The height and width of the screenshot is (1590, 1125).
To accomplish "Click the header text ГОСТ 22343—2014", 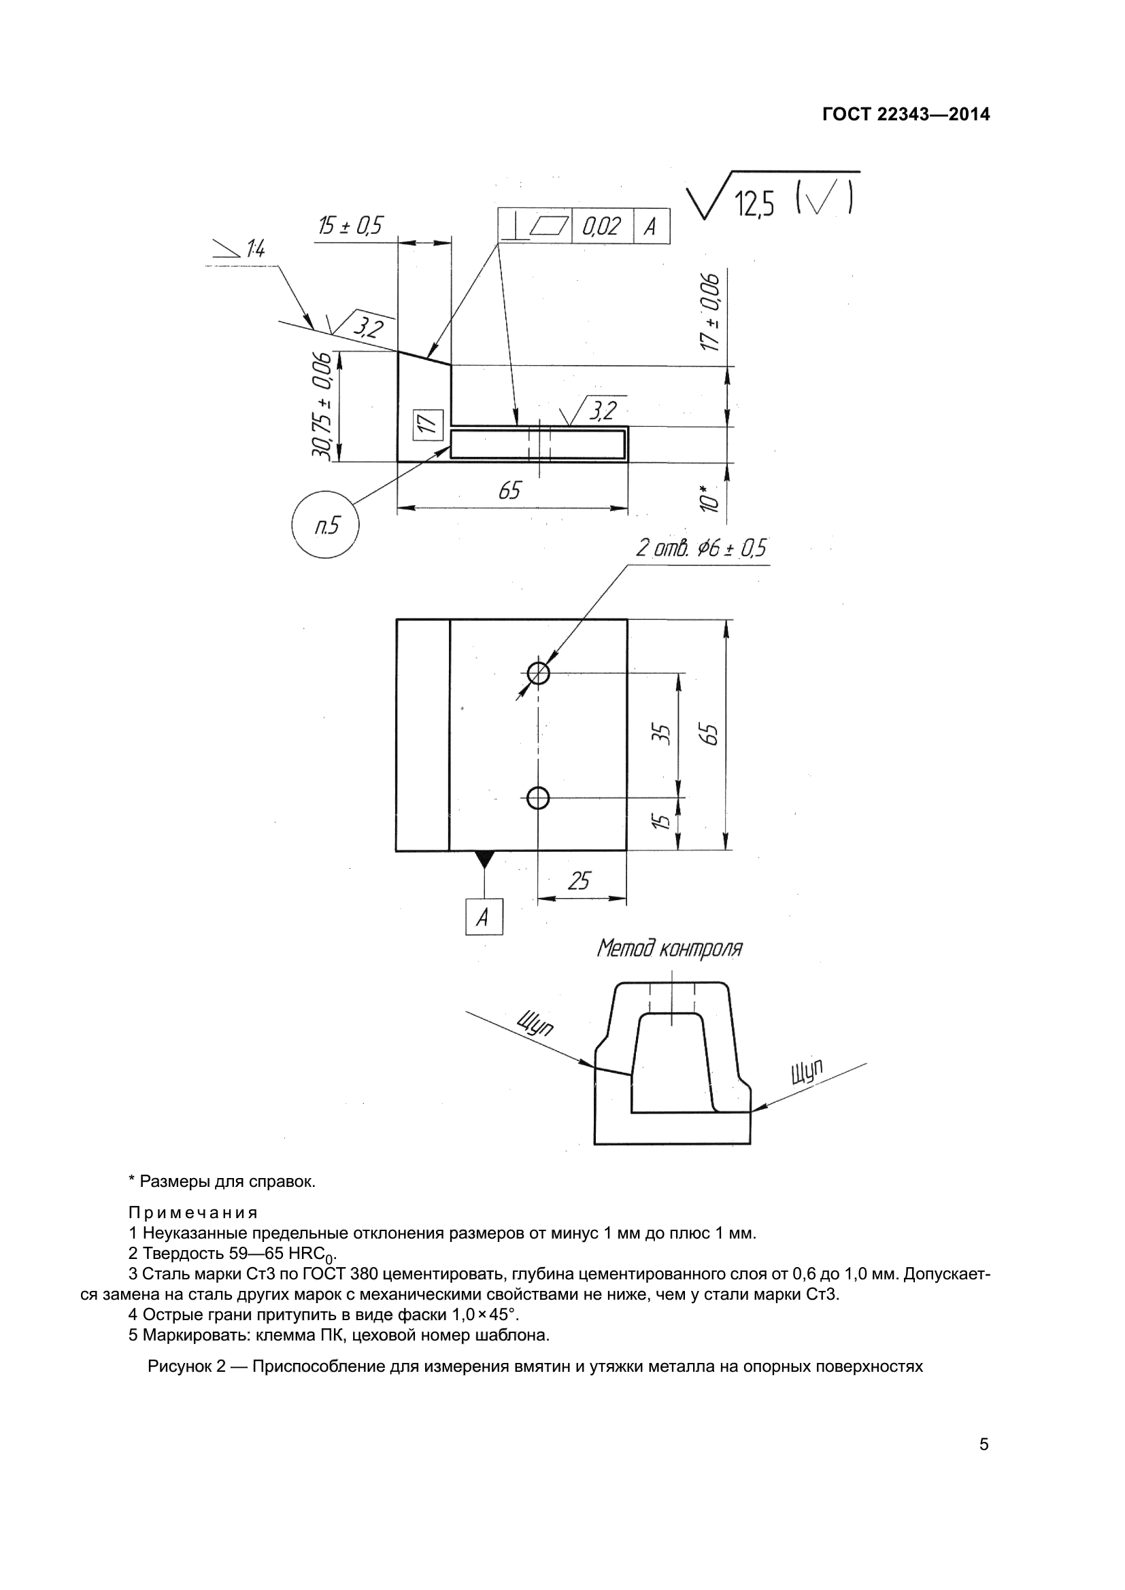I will pyautogui.click(x=905, y=114).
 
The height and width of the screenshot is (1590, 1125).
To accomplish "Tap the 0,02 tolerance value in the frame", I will pyautogui.click(x=601, y=226).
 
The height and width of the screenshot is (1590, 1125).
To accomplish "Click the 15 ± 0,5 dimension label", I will pyautogui.click(x=350, y=226).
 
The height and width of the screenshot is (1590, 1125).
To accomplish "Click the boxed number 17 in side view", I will pyautogui.click(x=427, y=424).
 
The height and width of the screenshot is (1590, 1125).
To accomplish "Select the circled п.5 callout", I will pyautogui.click(x=326, y=525).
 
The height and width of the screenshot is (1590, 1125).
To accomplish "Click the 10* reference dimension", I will pyautogui.click(x=707, y=498).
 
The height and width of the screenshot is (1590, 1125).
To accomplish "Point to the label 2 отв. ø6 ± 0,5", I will pyautogui.click(x=701, y=549).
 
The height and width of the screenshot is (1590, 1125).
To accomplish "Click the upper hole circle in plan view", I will pyautogui.click(x=538, y=672).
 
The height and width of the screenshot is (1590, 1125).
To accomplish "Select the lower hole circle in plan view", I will pyautogui.click(x=538, y=799).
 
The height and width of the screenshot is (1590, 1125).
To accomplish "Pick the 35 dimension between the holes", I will pyautogui.click(x=662, y=734).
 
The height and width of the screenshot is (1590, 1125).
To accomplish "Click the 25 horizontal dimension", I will pyautogui.click(x=578, y=881).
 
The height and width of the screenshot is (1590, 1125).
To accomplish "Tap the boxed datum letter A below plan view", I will pyautogui.click(x=484, y=918).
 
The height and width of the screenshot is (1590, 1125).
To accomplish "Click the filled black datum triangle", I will pyautogui.click(x=484, y=858).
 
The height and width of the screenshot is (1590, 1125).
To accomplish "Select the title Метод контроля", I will pyautogui.click(x=669, y=948).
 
